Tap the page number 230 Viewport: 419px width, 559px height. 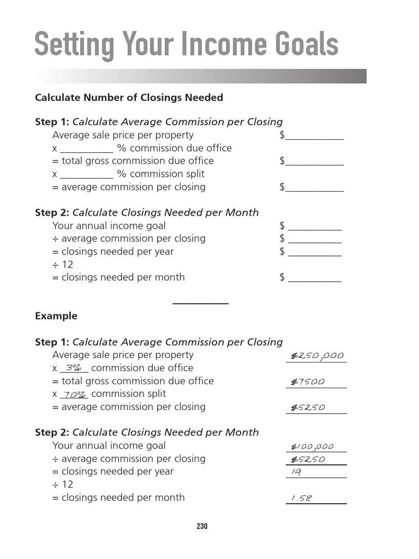click(202, 526)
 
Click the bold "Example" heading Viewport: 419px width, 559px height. click(56, 316)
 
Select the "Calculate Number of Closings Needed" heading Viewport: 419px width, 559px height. click(129, 98)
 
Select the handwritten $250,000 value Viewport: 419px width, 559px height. click(317, 356)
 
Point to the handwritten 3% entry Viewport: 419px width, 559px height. click(74, 368)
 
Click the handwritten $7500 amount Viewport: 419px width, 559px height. click(308, 382)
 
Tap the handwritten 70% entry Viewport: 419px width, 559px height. click(74, 395)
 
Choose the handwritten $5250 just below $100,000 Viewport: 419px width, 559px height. click(308, 460)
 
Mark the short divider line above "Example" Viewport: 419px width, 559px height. click(200, 303)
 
